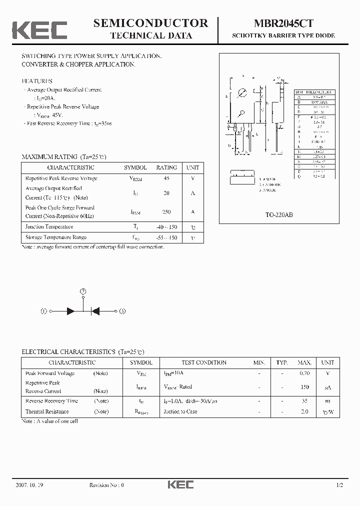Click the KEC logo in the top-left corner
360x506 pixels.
(x=39, y=29)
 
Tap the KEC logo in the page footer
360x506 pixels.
(x=179, y=484)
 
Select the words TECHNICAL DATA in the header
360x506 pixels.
(x=151, y=35)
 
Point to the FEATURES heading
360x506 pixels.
(x=37, y=81)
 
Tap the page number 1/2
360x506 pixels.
(x=339, y=485)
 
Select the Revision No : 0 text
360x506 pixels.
(x=106, y=485)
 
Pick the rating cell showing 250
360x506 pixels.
(x=166, y=212)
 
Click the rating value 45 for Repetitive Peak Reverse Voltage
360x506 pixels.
(x=166, y=178)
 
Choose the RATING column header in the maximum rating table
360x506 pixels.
(x=166, y=168)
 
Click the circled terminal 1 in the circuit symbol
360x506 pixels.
(x=44, y=311)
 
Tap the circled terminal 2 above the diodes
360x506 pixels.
(x=83, y=290)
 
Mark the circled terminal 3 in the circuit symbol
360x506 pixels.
(x=122, y=311)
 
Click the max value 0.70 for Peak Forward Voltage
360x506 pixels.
(x=304, y=373)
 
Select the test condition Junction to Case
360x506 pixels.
(x=180, y=411)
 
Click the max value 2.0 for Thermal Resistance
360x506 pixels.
(x=304, y=411)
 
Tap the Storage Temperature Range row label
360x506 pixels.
(x=56, y=237)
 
